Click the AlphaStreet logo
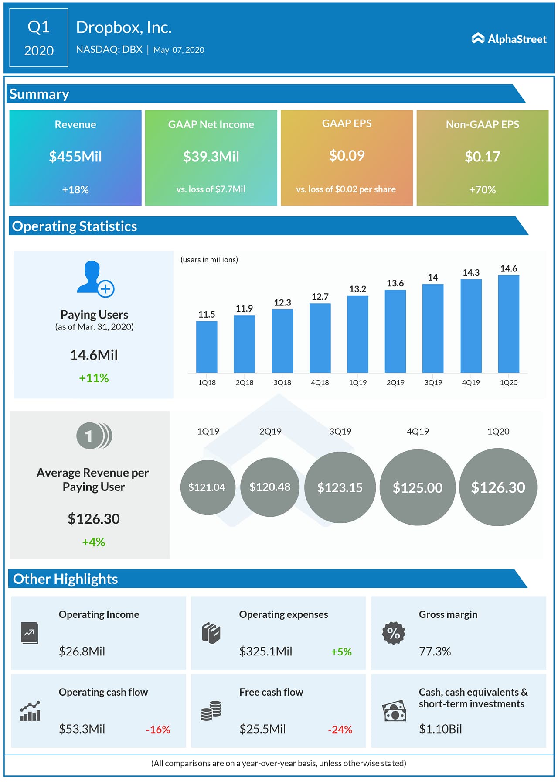point(509,39)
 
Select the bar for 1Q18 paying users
point(207,346)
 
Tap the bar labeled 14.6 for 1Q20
point(508,324)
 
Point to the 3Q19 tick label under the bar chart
point(433,383)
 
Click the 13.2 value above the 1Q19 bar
point(357,289)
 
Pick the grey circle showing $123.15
point(340,487)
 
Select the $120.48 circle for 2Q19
point(270,487)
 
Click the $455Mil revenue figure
point(75,157)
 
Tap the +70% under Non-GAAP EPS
point(482,190)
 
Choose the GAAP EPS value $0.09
point(347,156)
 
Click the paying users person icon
point(95,279)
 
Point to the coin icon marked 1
point(94,436)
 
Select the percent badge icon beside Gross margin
point(394,633)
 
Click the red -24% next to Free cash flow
point(340,730)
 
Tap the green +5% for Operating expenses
point(341,652)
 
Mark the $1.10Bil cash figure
point(440,729)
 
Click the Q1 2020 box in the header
point(39,38)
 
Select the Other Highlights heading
point(65,579)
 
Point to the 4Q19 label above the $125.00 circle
point(418,432)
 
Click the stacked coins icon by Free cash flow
point(211,711)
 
